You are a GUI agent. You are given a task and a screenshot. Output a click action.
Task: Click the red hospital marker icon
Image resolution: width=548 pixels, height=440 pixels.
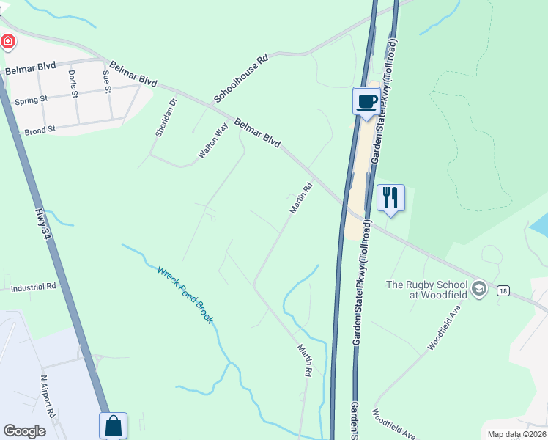8,41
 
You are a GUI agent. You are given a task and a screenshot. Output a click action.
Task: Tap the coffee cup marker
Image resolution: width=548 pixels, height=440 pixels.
366,102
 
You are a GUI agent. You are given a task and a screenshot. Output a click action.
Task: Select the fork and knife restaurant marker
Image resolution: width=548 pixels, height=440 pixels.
390,198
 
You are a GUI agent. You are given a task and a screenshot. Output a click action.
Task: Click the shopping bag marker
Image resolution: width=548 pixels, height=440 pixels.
113,426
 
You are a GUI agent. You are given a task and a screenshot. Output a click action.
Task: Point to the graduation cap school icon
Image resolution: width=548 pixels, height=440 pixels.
480,287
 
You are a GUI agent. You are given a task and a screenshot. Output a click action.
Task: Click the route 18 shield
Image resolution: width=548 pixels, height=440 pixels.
502,291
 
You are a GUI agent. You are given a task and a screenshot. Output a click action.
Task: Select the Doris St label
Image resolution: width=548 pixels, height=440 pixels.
73,83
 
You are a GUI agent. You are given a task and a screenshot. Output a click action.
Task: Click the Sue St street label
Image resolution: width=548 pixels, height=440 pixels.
107,82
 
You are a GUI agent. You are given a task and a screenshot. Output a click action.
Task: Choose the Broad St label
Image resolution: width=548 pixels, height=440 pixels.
40,131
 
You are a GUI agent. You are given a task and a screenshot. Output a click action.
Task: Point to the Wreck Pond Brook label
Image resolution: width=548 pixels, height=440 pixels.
185,295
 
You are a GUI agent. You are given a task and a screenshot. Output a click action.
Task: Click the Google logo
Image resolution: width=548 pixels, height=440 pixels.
24,431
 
